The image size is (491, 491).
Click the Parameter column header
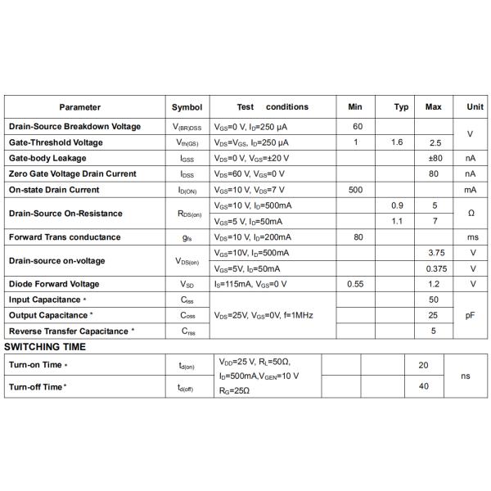(79, 107)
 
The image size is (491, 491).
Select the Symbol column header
(187, 107)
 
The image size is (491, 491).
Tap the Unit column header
(475, 107)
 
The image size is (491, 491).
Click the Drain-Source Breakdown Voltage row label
(74, 127)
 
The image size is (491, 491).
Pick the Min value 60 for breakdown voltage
(358, 127)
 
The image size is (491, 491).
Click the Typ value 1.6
(398, 142)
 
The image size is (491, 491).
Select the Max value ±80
(435, 158)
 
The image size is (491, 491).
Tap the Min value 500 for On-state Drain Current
(355, 190)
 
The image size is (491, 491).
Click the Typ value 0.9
(398, 205)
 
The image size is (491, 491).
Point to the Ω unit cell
(471, 213)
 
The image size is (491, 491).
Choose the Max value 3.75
(435, 253)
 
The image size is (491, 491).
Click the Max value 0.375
(435, 268)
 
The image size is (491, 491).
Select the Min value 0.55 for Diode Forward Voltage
(355, 284)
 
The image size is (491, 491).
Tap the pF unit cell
(471, 315)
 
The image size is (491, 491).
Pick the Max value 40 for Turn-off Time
(424, 385)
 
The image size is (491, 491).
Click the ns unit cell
(466, 376)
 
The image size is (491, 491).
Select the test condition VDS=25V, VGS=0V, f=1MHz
(264, 315)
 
